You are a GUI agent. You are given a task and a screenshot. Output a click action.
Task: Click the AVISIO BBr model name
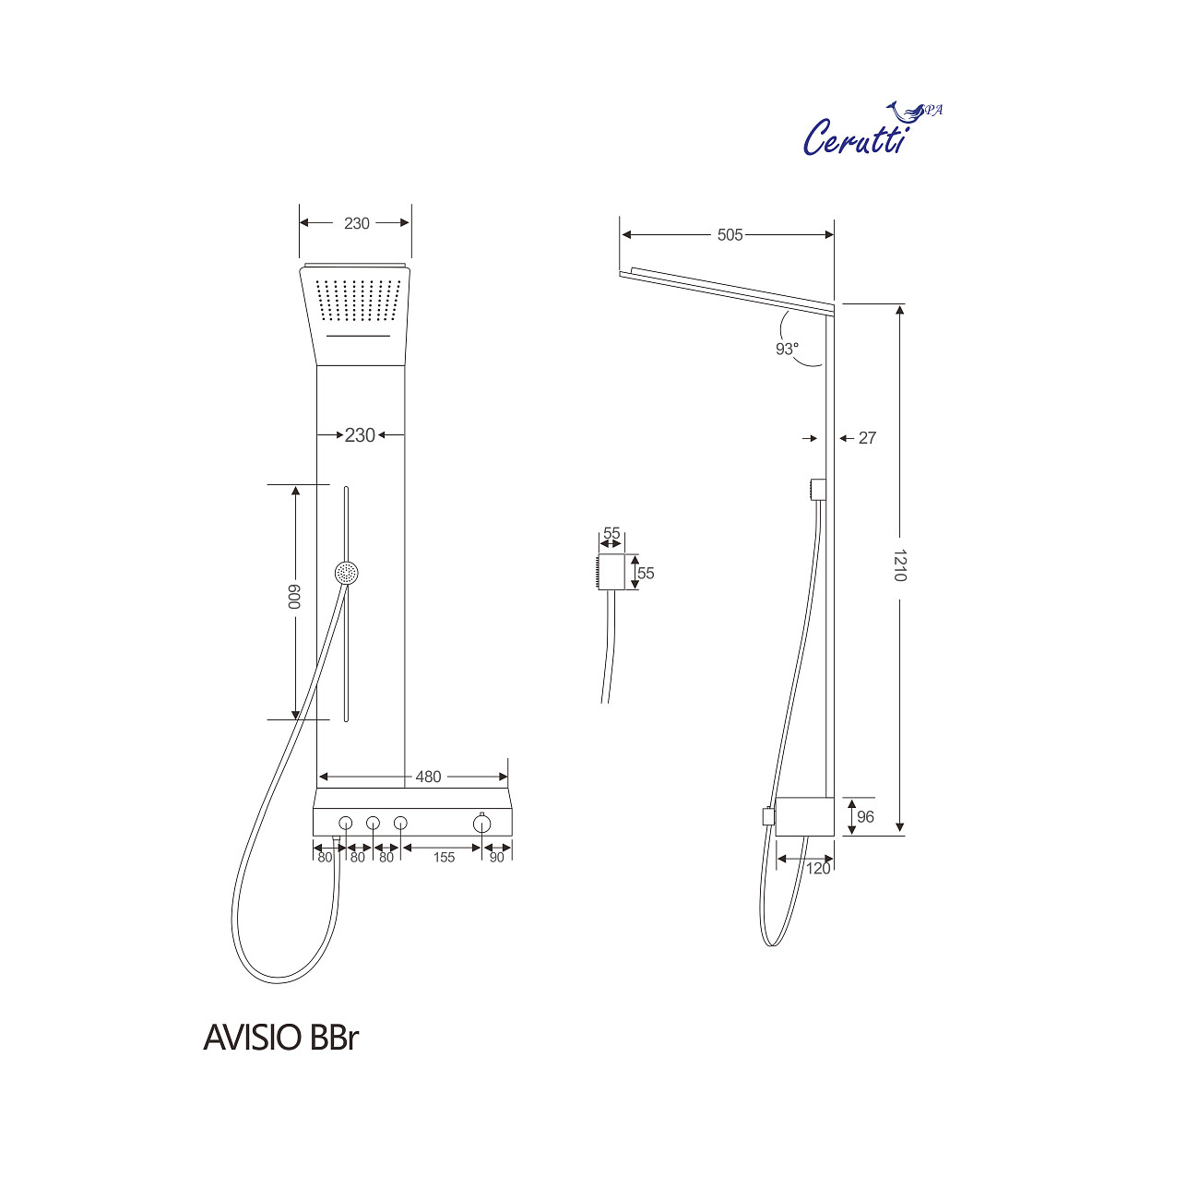[x=280, y=1038]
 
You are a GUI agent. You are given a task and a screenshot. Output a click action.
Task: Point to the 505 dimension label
[x=730, y=235]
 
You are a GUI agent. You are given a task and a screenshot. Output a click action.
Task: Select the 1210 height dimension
[x=900, y=564]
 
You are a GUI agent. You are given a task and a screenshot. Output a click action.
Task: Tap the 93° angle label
[x=787, y=349]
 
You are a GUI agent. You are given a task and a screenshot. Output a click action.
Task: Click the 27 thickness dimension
[x=867, y=438]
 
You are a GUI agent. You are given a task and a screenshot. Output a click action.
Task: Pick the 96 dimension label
[x=865, y=816]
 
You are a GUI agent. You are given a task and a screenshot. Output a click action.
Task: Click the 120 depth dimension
[x=818, y=868]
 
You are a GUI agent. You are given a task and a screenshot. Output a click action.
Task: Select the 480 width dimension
[x=428, y=777]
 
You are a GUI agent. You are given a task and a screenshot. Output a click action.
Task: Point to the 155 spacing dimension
[x=444, y=858]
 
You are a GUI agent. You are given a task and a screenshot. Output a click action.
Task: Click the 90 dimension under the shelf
[x=497, y=858]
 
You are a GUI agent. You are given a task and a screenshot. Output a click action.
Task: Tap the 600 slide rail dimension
[x=294, y=599]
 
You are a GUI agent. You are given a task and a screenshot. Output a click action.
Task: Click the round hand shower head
[x=347, y=573]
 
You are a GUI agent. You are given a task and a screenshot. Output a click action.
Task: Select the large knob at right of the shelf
[x=482, y=823]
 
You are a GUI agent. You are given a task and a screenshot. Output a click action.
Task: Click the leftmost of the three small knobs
[x=346, y=823]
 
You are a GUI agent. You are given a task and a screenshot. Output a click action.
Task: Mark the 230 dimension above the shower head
[x=357, y=223]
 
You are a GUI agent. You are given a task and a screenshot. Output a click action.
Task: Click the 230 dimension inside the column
[x=360, y=434]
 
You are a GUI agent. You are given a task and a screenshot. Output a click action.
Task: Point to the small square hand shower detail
[x=610, y=572]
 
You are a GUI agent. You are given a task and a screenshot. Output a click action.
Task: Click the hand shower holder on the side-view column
[x=816, y=489]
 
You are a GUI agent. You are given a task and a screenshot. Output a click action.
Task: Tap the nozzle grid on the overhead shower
[x=360, y=299]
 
